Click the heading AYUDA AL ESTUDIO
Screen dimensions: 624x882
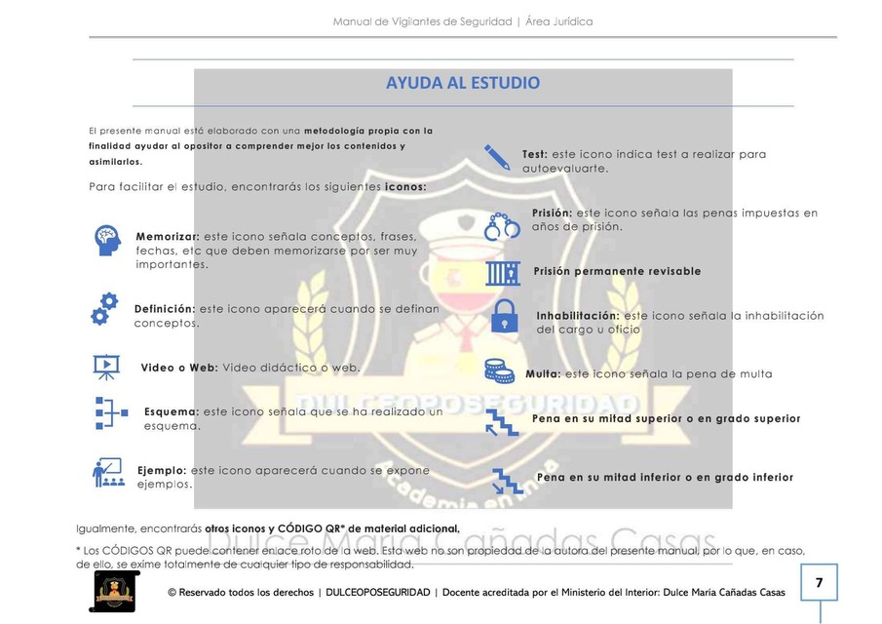[x=463, y=83]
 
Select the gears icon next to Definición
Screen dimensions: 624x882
[x=104, y=308]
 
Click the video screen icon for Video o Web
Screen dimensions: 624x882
[x=105, y=367]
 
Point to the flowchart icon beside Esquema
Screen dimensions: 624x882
[x=111, y=412]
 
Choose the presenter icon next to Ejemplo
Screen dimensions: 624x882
[x=107, y=472]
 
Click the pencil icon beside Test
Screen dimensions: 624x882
[x=497, y=156]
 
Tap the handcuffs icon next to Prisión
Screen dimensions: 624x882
[x=503, y=225]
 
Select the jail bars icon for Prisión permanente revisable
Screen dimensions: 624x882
[x=503, y=271]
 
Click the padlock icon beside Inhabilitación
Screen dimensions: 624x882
[x=503, y=315]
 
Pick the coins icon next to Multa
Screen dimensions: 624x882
[x=500, y=370]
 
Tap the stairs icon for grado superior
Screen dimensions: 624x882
[x=502, y=421]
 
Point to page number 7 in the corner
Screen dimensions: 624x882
[x=819, y=583]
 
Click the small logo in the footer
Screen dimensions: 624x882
[x=114, y=591]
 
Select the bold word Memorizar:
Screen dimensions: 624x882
[x=168, y=237]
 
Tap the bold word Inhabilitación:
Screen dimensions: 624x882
[x=577, y=316]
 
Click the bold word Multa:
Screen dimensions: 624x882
[x=543, y=373]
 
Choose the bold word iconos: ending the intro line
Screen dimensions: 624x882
[x=405, y=186]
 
